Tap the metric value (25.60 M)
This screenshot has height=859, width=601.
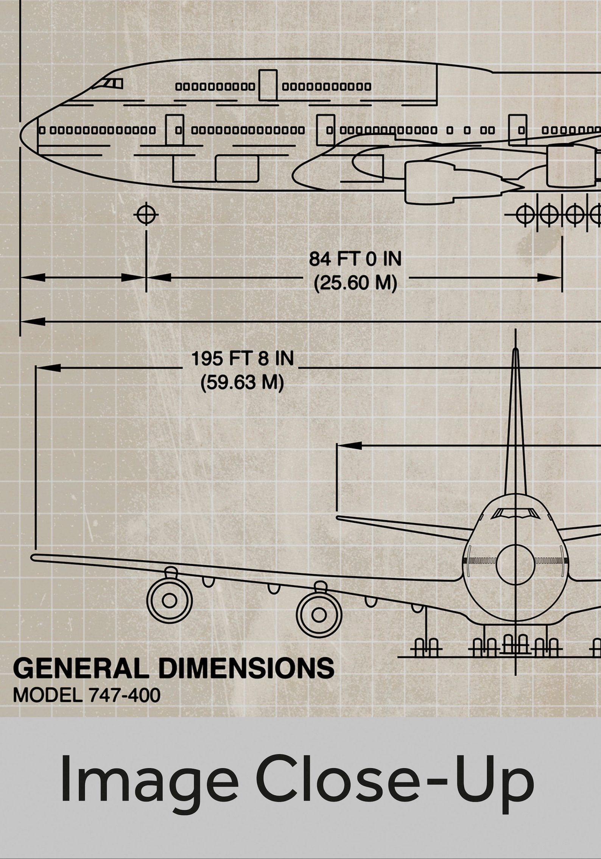point(355,283)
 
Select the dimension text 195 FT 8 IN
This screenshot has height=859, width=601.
point(242,359)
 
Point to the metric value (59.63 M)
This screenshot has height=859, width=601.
point(242,382)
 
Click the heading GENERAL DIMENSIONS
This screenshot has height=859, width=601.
point(174,668)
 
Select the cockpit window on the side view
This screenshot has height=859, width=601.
point(113,83)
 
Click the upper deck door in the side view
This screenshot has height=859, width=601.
point(268,85)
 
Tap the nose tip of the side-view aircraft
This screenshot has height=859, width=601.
point(22,129)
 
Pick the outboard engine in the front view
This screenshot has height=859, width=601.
point(170,600)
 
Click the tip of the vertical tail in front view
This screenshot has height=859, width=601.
point(515,350)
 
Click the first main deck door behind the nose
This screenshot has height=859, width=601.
point(174,130)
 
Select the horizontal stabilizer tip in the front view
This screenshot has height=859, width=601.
point(338,518)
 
